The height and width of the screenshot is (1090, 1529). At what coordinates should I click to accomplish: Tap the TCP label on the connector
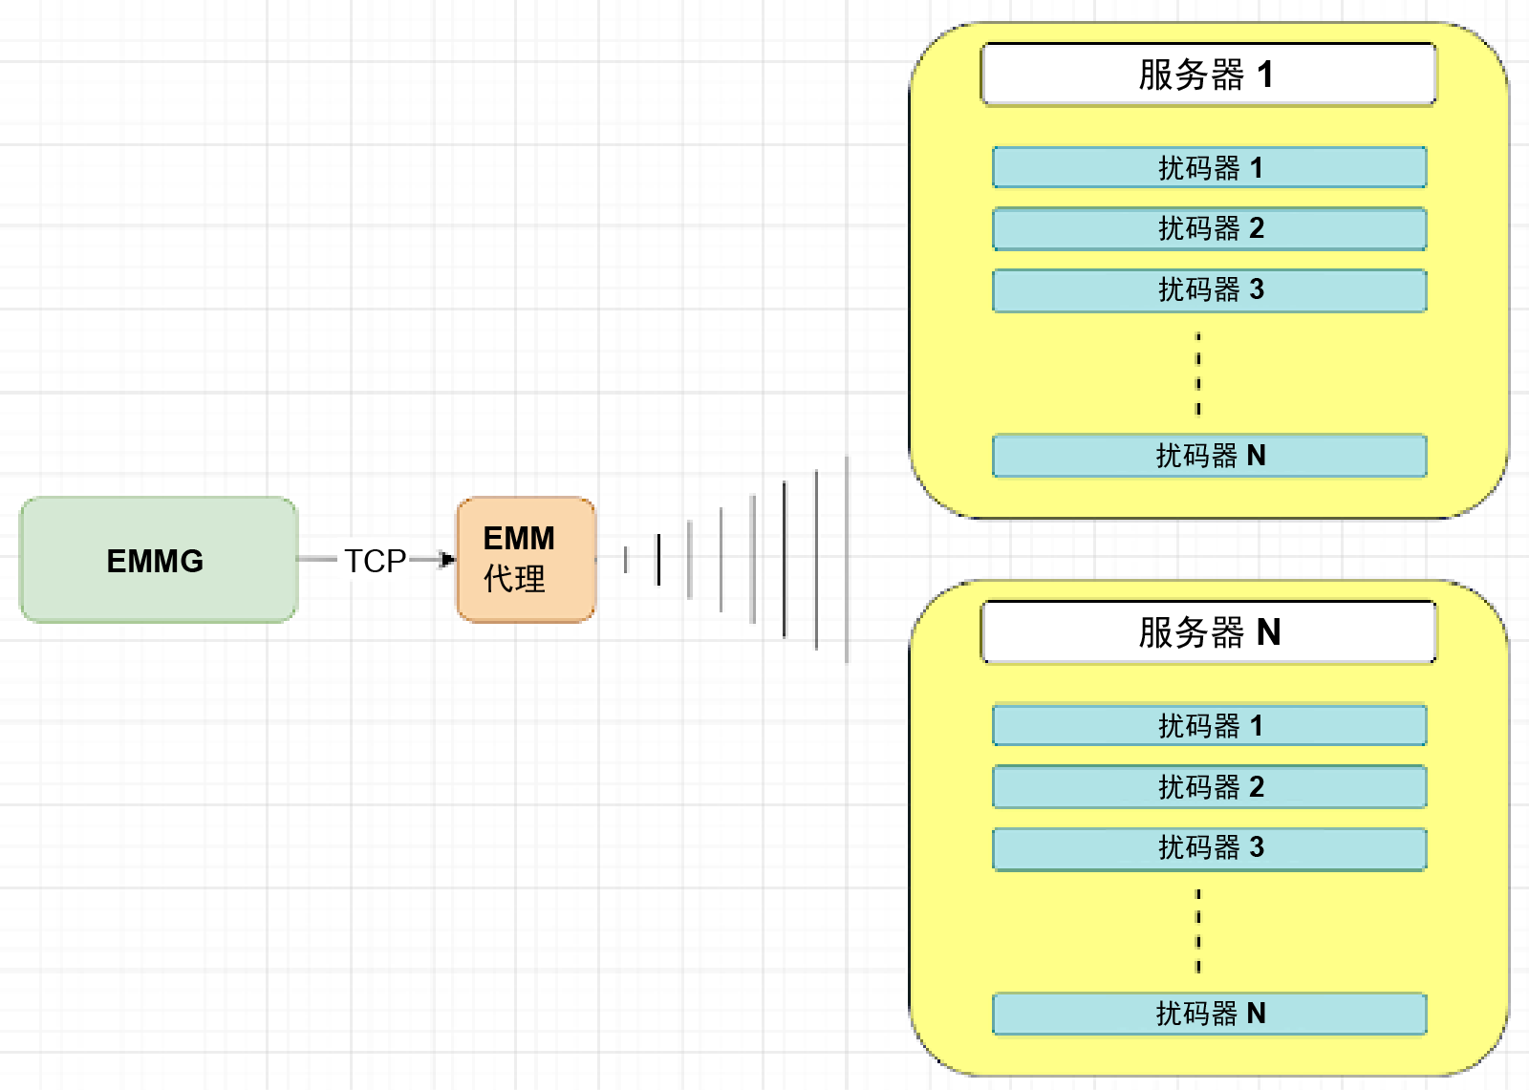375,561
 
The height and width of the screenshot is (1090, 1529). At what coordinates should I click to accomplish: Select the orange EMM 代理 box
527,560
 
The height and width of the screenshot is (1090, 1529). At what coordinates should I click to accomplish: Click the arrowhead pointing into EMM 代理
447,559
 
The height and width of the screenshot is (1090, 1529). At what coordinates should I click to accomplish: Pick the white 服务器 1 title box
1208,75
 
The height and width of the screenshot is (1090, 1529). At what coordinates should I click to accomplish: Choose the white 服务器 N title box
1208,632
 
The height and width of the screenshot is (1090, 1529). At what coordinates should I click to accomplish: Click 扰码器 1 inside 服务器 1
1209,168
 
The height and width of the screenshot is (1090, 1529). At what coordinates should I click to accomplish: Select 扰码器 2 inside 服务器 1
1209,229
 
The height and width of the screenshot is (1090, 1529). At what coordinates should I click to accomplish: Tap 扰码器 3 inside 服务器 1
1209,290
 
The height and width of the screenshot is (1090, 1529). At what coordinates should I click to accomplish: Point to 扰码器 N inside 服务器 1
1209,456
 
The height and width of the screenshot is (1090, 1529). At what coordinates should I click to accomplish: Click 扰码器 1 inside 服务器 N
1209,726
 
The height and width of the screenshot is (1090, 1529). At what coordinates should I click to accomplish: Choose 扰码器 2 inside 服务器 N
1209,787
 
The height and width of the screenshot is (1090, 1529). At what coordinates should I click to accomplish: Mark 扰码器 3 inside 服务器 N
1209,848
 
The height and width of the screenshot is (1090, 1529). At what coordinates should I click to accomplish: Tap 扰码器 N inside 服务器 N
1209,1014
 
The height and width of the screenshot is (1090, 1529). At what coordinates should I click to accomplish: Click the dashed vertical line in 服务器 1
1198,374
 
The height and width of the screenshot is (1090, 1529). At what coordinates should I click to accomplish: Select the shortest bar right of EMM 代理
626,560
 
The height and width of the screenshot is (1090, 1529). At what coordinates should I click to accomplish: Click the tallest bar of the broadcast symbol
847,560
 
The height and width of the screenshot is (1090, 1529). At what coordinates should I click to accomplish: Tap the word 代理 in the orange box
514,579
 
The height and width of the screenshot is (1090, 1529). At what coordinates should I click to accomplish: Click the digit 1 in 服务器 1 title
1265,75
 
